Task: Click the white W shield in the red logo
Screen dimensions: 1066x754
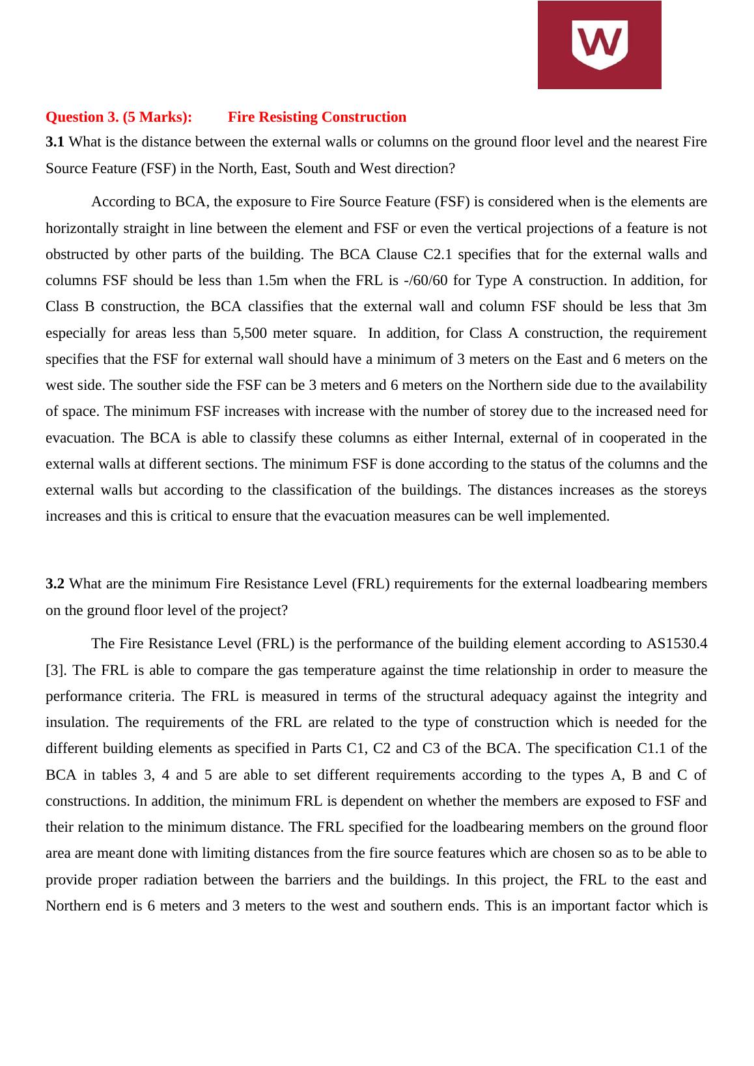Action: pos(599,44)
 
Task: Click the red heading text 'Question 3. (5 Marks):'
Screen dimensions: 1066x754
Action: pos(119,117)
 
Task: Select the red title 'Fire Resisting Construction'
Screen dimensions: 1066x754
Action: pos(317,117)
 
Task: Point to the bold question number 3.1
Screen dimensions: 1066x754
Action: pos(55,142)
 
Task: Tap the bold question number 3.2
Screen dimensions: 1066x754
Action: pos(55,584)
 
